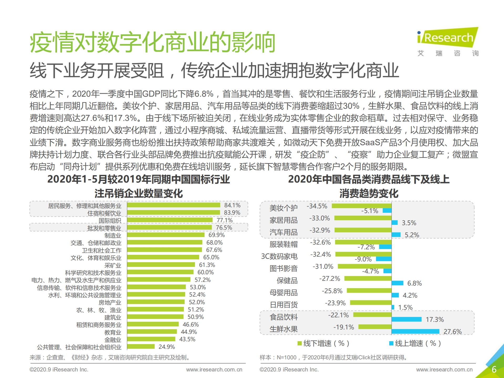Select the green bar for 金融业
(151, 339)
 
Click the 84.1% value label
(232, 205)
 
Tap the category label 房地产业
(110, 302)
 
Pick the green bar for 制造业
(166, 235)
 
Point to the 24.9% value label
(167, 347)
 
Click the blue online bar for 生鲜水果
(415, 332)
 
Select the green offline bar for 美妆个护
(361, 206)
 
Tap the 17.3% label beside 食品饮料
(434, 319)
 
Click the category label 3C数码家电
(279, 256)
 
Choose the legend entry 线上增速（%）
(415, 343)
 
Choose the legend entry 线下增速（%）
(323, 343)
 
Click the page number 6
(494, 369)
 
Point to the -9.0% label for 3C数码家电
(363, 259)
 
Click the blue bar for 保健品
(397, 283)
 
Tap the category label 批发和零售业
(104, 228)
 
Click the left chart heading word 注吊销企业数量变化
(138, 194)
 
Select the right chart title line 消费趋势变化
(369, 194)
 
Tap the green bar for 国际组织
(170, 220)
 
